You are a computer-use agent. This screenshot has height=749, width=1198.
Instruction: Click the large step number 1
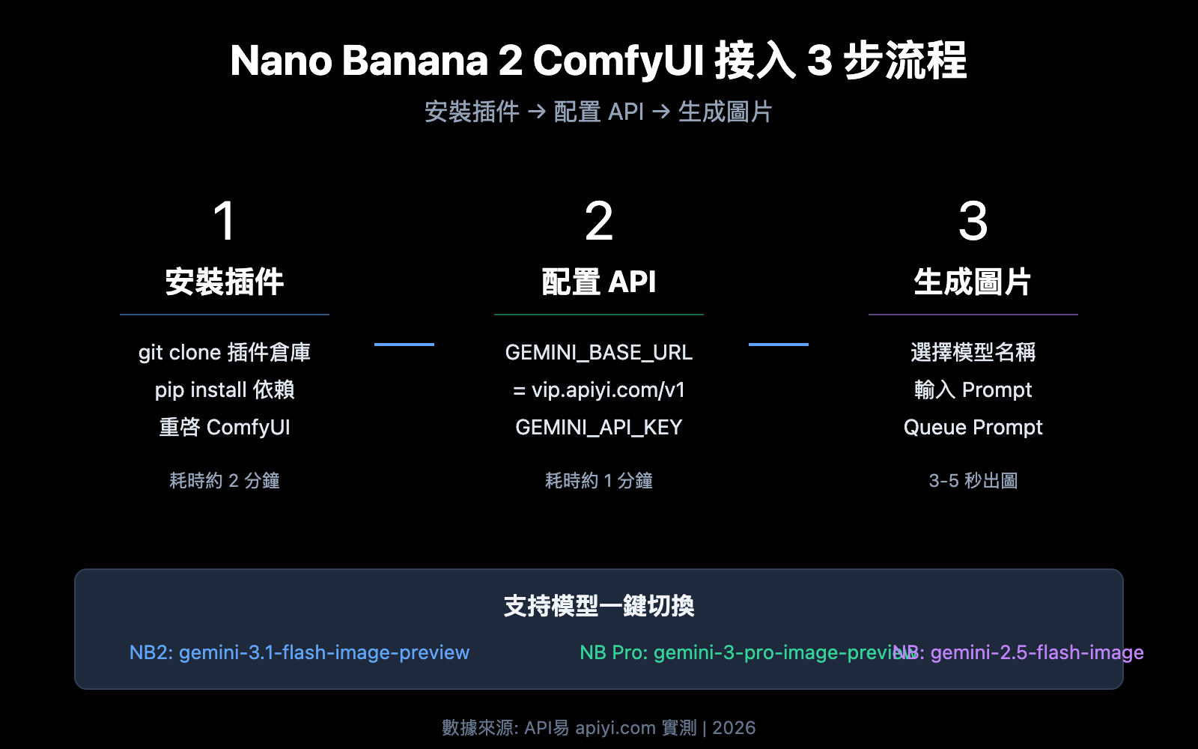pos(225,222)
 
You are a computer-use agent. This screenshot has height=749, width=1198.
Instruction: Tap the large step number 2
pos(599,222)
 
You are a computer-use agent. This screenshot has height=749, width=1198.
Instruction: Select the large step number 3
pos(973,222)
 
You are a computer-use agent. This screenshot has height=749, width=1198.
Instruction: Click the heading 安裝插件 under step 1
pos(225,282)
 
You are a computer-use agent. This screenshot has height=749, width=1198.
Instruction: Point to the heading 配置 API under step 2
pos(599,282)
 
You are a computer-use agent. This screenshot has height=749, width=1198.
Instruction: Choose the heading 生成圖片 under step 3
pos(973,282)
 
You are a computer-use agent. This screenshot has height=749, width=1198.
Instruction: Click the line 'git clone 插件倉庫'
pos(225,352)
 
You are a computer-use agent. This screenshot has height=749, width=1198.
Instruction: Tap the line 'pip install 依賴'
pos(225,389)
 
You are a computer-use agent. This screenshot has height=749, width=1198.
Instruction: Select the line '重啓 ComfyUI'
pos(225,427)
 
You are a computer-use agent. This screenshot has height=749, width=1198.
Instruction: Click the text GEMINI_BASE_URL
pos(599,352)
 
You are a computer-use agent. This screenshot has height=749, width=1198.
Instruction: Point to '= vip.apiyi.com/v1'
pos(599,389)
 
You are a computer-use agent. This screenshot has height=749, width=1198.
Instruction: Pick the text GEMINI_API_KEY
pos(599,427)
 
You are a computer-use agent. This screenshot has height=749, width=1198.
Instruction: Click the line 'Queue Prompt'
pos(973,427)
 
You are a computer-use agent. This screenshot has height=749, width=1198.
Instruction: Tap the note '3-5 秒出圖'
pos(973,480)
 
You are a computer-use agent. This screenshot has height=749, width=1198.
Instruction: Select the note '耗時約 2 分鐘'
pos(225,480)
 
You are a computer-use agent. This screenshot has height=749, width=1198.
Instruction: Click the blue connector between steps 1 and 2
pos(404,345)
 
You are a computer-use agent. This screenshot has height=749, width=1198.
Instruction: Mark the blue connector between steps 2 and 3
pos(779,345)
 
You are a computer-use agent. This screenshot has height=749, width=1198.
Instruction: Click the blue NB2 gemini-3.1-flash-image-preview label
pos(299,652)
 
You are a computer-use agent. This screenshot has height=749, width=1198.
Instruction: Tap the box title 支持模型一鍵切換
pos(599,605)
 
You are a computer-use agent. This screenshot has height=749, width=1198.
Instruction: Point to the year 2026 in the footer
pos(734,728)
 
